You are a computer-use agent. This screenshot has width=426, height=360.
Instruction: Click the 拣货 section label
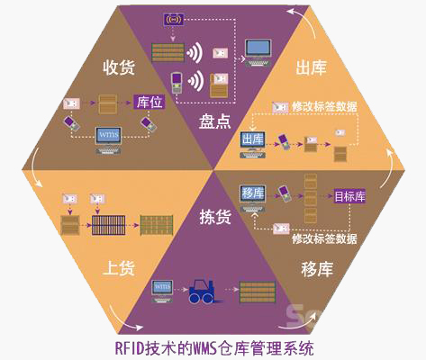point(214,216)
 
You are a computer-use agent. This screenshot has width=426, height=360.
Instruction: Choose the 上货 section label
point(121,267)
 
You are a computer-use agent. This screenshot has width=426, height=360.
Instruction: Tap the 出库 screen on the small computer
point(251,140)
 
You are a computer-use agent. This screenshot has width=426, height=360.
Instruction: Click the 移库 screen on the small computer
point(251,193)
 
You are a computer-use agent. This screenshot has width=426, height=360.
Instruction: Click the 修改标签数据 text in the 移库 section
point(324,239)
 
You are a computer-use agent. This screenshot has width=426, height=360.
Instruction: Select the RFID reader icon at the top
point(173,18)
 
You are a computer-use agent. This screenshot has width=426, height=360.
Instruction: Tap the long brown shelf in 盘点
point(173,49)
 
